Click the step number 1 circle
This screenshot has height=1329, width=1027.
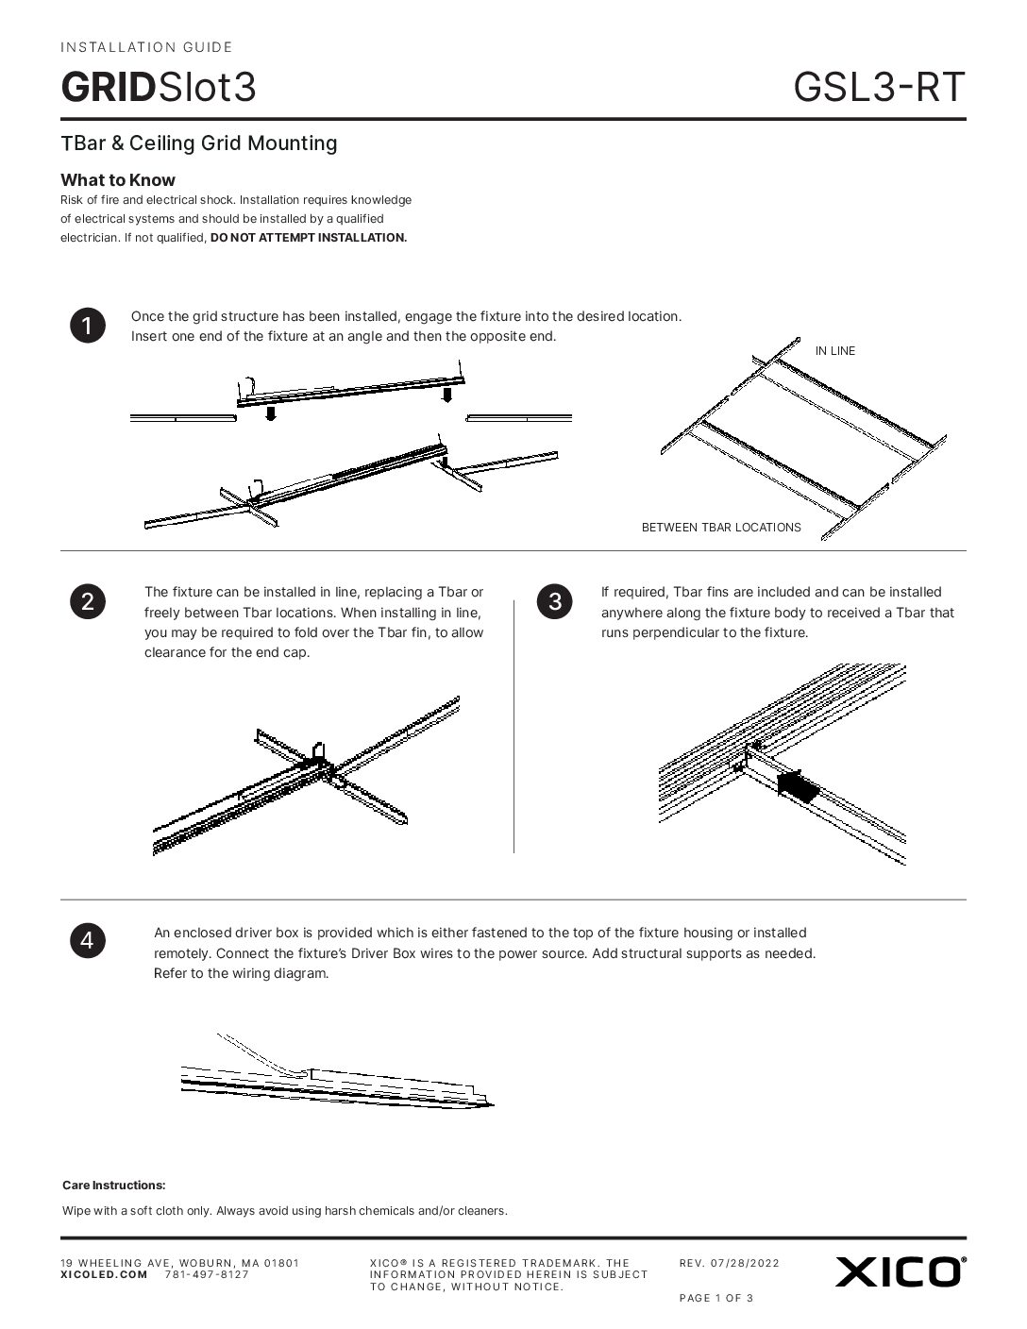(87, 326)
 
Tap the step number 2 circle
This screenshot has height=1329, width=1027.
(87, 602)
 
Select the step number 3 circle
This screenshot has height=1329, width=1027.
(554, 602)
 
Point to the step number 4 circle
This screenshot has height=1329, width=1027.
(87, 940)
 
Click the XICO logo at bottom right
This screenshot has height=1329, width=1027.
(900, 1271)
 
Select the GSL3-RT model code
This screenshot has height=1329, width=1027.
(879, 87)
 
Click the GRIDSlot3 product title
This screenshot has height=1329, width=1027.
(159, 87)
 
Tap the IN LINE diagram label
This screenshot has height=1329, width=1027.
(834, 351)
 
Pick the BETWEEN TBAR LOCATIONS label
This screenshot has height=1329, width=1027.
(721, 528)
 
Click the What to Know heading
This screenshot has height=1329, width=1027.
(118, 180)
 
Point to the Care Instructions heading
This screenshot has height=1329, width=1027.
(114, 1186)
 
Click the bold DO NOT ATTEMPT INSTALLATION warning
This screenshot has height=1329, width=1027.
(309, 238)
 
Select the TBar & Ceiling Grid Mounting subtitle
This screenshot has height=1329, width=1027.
(199, 143)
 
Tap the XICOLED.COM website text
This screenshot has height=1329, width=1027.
(104, 1274)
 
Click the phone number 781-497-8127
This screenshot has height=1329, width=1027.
(207, 1274)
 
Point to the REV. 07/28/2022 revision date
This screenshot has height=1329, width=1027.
(729, 1263)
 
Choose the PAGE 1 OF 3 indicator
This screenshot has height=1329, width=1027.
(716, 1298)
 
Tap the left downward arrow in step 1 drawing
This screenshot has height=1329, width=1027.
(270, 412)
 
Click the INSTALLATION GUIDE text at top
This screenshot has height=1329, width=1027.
(146, 47)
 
